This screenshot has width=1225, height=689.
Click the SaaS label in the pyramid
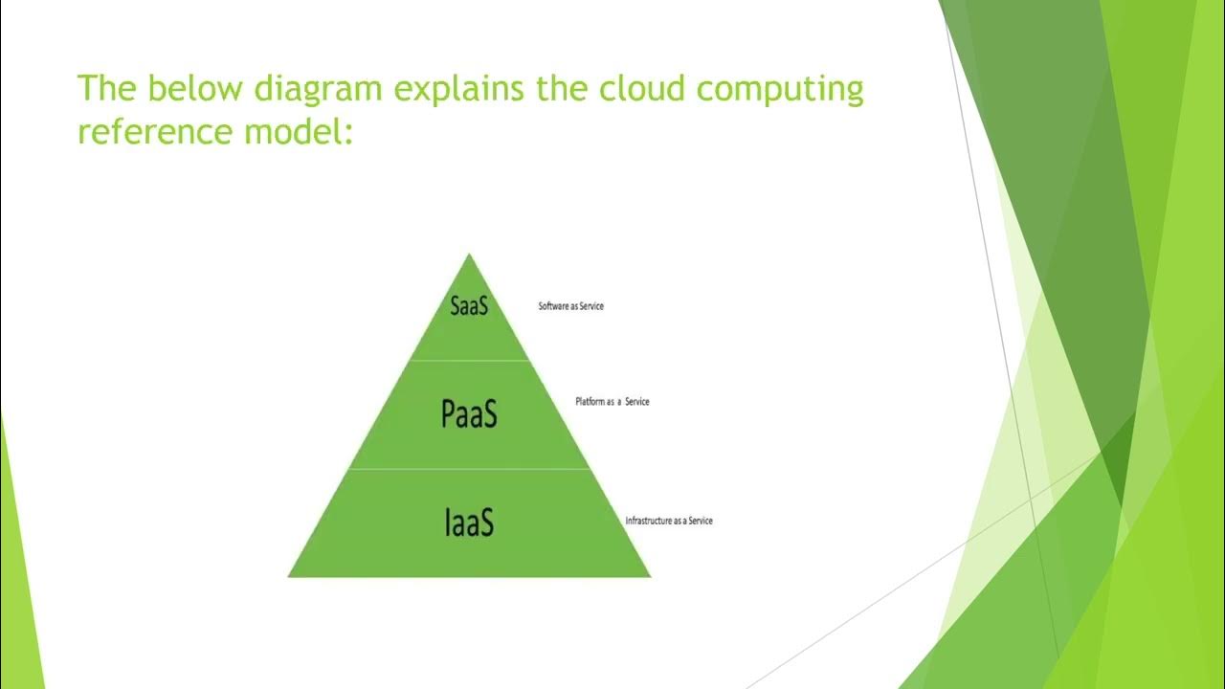click(469, 305)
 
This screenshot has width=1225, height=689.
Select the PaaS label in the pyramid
click(469, 413)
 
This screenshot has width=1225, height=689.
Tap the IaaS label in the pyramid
click(469, 522)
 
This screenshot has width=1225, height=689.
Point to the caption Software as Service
click(571, 306)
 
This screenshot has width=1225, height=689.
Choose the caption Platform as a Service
click(612, 402)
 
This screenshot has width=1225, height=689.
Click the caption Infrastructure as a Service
click(669, 521)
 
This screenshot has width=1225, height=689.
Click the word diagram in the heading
click(318, 89)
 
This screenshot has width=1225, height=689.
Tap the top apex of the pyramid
click(469, 256)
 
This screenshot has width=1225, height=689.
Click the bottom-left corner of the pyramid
click(290, 575)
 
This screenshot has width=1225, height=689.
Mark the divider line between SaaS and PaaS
click(469, 361)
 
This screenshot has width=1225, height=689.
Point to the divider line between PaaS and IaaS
click(469, 469)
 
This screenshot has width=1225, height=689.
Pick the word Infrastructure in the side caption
click(649, 521)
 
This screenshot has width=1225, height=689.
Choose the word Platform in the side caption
click(590, 402)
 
